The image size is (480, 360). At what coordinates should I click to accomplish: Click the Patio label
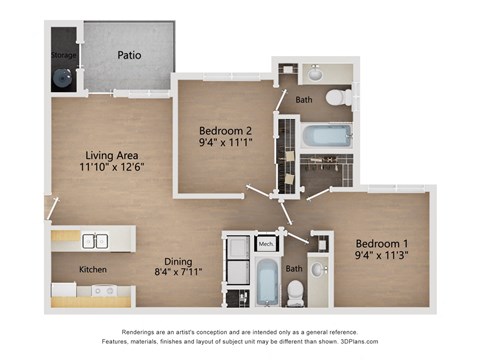point(128,55)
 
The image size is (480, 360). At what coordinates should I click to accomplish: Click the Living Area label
point(111,155)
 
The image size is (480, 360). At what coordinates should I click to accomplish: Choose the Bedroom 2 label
point(225,131)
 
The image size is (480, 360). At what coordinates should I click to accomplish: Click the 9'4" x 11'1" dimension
point(225,144)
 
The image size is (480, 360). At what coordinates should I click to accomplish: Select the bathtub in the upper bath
point(326,135)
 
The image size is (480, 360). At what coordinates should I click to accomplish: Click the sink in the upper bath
point(314,73)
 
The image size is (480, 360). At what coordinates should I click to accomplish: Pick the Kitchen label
point(93,269)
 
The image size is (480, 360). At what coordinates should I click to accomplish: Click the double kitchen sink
point(96,240)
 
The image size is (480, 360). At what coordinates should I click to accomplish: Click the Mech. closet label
point(266,244)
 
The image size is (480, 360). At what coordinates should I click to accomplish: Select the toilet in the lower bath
point(295,290)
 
